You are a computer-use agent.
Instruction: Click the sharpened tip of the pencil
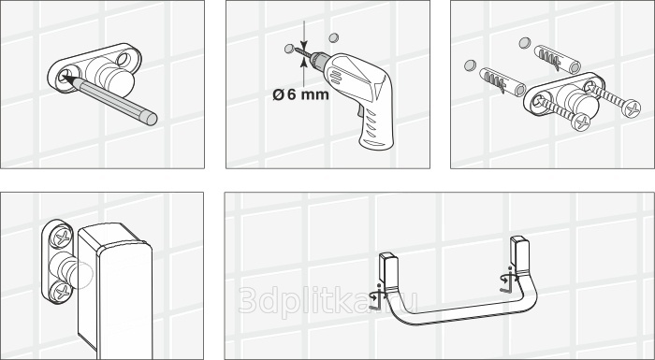[x=64, y=77]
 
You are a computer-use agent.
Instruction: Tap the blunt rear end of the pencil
[x=152, y=119]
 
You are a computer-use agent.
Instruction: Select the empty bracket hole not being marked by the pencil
[x=124, y=59]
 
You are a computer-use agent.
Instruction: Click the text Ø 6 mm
[x=300, y=94]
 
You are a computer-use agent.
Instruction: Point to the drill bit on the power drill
[x=301, y=52]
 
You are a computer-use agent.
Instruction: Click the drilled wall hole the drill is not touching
[x=333, y=38]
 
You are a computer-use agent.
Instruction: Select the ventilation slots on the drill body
[x=335, y=77]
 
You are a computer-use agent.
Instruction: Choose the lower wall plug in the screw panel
[x=502, y=81]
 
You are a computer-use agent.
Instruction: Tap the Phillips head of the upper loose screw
[x=631, y=108]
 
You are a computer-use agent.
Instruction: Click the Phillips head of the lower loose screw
[x=581, y=122]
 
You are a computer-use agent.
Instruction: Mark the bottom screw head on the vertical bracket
[x=61, y=291]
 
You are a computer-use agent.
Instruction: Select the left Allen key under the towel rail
[x=378, y=298]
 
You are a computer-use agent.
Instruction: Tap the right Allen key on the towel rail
[x=508, y=280]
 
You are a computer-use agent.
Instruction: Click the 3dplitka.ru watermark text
[x=328, y=300]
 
